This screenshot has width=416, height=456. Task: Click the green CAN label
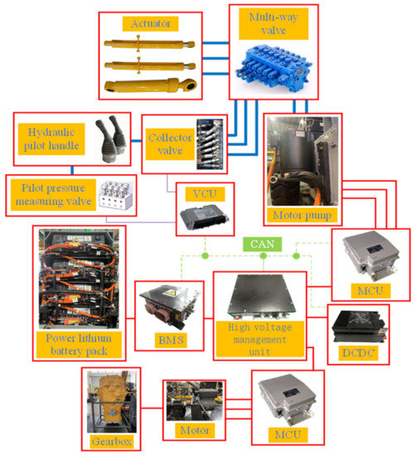(261, 245)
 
